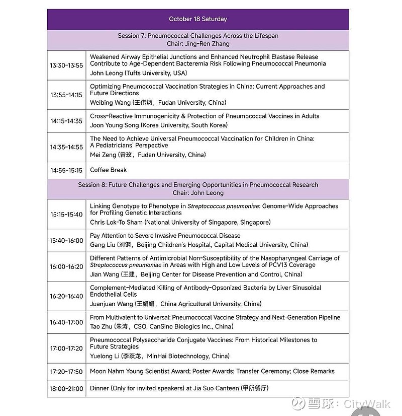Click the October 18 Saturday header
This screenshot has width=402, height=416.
coord(198,19)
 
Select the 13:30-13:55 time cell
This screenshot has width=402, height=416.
coord(66,65)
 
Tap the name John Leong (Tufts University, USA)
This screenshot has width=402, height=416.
coord(138,73)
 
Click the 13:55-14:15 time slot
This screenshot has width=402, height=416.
coord(66,95)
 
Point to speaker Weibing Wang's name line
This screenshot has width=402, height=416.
coord(158,103)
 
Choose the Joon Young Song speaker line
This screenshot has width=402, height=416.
coord(159,125)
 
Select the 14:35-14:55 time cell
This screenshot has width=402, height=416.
coord(66,147)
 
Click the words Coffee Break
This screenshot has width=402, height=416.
coord(109,170)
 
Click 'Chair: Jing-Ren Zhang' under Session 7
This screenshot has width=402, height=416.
coord(198,44)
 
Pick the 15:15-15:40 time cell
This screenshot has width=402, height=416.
coord(66,214)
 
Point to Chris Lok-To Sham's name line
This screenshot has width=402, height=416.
coord(180,222)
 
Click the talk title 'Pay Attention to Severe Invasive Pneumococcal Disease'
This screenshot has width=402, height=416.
coord(165,236)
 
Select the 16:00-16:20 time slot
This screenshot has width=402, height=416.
coord(66,266)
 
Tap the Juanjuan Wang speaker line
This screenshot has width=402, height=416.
coord(175,304)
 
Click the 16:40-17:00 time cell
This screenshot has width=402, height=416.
coord(66,322)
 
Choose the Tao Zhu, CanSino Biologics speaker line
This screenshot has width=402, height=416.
coord(161,326)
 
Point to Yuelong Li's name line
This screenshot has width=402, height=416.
coord(160,356)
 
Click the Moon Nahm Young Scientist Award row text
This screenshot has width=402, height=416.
coord(212,371)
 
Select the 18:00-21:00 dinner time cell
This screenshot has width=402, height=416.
coord(66,389)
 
